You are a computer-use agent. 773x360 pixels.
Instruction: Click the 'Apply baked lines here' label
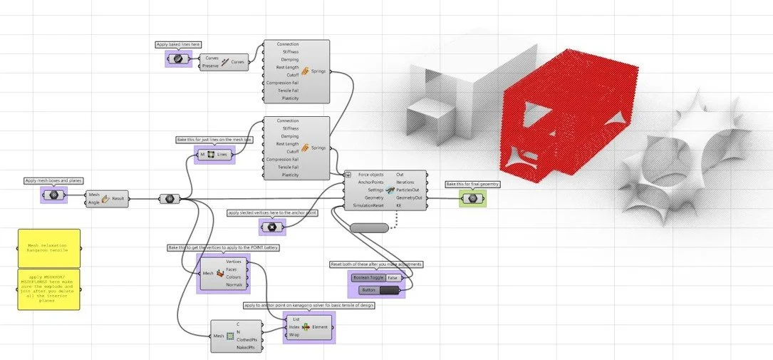point(177,44)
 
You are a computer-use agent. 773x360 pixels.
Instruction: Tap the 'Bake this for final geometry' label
point(472,184)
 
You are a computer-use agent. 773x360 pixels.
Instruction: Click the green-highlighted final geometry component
point(472,197)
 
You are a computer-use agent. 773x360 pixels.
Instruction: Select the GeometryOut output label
point(410,197)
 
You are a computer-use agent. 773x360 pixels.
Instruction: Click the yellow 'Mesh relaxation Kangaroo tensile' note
point(49,248)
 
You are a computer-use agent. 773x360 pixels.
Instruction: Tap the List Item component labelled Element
point(308,326)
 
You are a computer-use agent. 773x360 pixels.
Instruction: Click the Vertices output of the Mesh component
point(233,262)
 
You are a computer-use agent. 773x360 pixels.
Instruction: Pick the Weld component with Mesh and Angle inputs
point(106,198)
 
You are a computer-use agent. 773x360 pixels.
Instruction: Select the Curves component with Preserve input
point(226,62)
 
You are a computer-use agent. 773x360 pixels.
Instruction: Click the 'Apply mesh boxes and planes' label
point(53,181)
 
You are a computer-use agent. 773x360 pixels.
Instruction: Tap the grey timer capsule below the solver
point(369,227)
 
